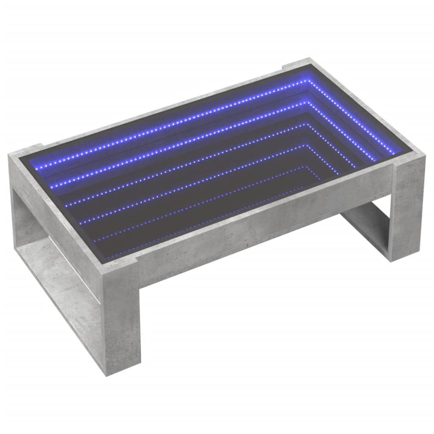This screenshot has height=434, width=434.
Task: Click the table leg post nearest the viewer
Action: pyautogui.click(x=121, y=321)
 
